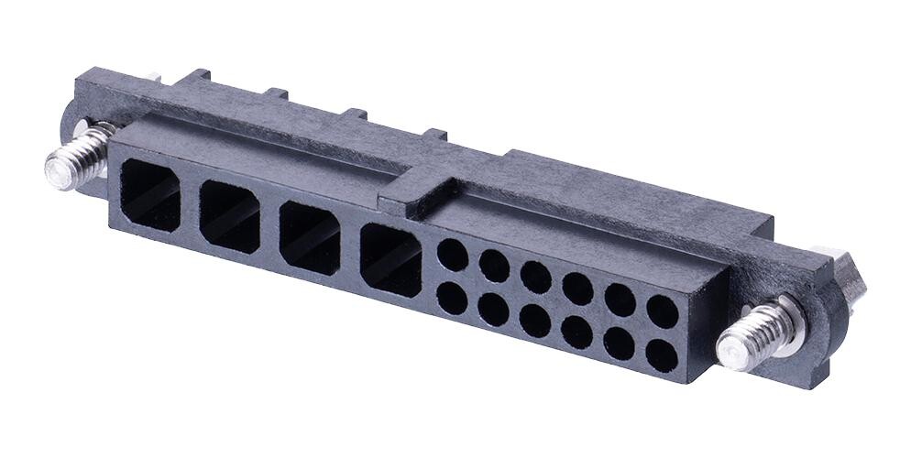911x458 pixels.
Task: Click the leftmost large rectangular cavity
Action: click(x=150, y=194)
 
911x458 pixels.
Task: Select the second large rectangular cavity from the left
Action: click(x=228, y=215)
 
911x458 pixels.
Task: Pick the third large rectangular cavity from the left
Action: click(x=309, y=236)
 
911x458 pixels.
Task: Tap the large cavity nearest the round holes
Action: click(x=391, y=259)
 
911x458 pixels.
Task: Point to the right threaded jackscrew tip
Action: click(x=737, y=350)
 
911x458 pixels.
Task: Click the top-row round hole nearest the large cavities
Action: click(x=452, y=255)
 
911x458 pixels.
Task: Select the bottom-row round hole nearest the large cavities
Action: click(x=452, y=299)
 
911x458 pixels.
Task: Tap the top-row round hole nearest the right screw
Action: click(x=662, y=311)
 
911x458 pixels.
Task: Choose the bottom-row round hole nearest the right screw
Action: click(x=661, y=354)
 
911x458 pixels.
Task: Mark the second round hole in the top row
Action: click(x=494, y=266)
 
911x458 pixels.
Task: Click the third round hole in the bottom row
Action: click(x=535, y=321)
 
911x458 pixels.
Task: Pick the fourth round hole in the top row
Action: click(x=577, y=289)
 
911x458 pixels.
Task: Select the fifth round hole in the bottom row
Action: click(x=620, y=343)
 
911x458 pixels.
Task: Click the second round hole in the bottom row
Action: click(x=494, y=310)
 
